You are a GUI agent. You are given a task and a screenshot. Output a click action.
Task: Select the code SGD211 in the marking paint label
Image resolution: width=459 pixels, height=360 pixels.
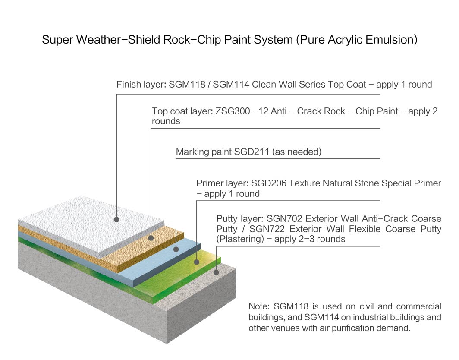click(x=252, y=152)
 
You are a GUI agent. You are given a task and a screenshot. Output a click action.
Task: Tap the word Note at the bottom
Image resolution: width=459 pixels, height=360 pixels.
click(x=258, y=307)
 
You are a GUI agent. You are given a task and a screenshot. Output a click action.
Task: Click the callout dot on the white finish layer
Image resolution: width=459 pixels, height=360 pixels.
click(x=116, y=219)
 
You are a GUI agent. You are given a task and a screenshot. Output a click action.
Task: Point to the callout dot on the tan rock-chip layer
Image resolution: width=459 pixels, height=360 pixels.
click(x=151, y=237)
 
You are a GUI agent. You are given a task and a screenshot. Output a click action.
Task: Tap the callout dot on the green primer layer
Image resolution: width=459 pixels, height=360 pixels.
click(x=197, y=262)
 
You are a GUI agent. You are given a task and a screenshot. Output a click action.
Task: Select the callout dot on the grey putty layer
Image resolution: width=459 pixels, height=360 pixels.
click(x=217, y=272)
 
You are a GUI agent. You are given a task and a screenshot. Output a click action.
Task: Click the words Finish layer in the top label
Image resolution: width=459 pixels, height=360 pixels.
click(x=139, y=85)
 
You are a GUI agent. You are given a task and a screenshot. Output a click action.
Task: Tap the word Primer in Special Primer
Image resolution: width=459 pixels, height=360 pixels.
click(x=426, y=183)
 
